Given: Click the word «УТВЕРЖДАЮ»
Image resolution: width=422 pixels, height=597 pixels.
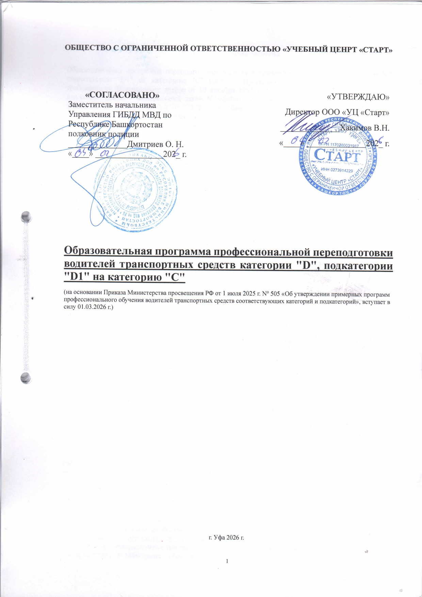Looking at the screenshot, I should [x=358, y=97].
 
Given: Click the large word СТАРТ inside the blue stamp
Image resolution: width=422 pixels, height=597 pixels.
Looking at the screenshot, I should [x=337, y=157].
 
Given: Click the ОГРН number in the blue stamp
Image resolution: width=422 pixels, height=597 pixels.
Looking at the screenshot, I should [x=338, y=145].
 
